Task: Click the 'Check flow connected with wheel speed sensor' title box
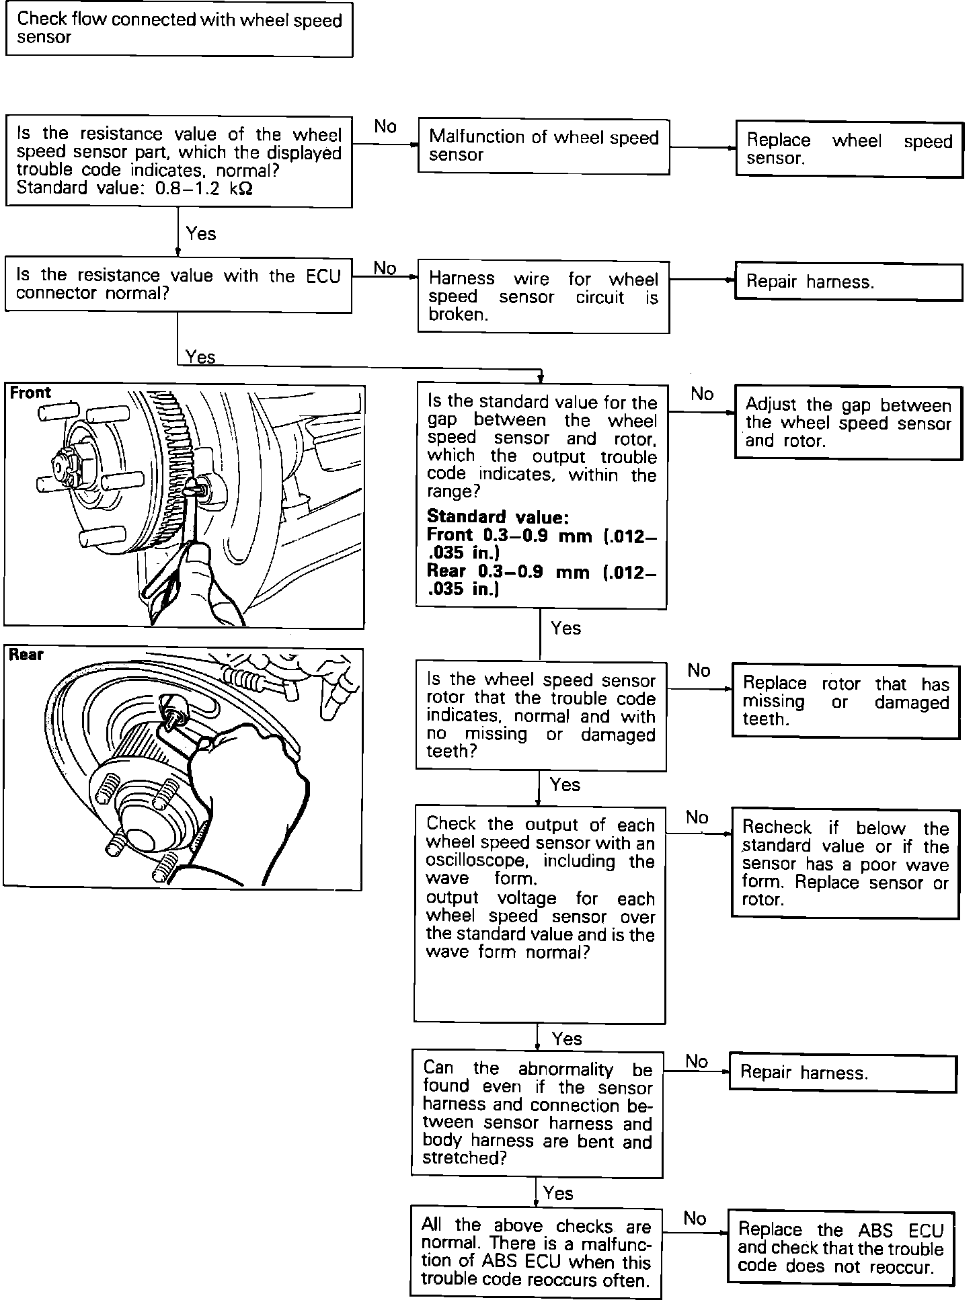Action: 179,30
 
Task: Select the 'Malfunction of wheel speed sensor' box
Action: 543,147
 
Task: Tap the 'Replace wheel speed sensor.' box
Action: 849,149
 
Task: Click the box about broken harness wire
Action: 543,296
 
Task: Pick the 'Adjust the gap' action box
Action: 849,422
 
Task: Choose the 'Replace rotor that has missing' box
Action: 846,701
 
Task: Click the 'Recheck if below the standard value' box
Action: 845,864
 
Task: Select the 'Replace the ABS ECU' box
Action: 840,1248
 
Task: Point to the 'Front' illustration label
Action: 30,393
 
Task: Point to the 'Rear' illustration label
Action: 26,655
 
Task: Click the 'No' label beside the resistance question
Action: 385,126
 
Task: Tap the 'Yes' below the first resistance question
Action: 201,234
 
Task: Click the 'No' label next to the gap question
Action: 702,394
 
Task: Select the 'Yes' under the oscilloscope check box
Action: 566,1039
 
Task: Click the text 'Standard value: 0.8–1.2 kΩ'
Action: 134,189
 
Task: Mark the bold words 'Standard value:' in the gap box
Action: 498,517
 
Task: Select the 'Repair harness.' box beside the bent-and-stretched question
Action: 843,1073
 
